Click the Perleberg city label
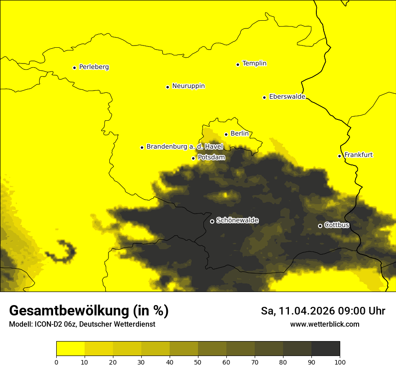pos(94,67)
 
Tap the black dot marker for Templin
pos(238,64)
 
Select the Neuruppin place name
pos(188,86)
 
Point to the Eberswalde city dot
pos(264,97)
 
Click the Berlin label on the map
pos(239,134)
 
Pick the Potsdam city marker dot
pos(193,158)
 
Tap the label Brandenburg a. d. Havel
pos(184,147)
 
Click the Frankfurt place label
pos(358,155)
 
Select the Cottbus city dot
pos(320,226)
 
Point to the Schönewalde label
pos(237,220)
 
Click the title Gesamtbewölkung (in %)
pos(89,311)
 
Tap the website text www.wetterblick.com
pos(324,324)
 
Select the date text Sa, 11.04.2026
pos(297,311)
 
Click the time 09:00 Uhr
pos(362,311)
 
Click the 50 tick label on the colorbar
pos(198,362)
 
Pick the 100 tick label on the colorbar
pos(340,362)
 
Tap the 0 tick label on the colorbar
pos(56,362)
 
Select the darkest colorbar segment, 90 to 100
pos(325,349)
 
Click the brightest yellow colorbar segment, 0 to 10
pos(70,349)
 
